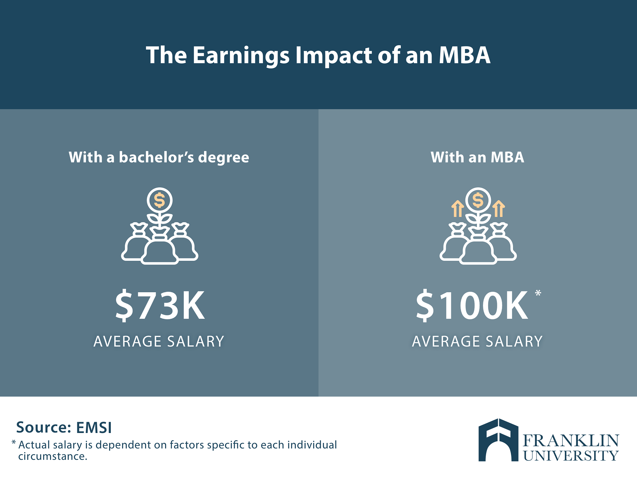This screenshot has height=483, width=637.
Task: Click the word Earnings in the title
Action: point(241,56)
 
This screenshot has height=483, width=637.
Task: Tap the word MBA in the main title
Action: point(464,55)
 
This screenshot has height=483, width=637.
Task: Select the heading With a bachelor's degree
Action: point(159,158)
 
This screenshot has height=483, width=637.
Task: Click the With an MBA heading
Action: point(477,157)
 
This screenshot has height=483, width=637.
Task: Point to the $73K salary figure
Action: point(160,306)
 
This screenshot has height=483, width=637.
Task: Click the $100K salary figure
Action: point(472,306)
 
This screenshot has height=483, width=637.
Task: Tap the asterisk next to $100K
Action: point(538,293)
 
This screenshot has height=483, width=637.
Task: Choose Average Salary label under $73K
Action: point(159,342)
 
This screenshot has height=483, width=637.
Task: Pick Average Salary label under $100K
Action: point(477,342)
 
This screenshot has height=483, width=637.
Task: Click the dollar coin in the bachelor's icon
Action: point(160,200)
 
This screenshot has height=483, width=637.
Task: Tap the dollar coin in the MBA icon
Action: point(478,200)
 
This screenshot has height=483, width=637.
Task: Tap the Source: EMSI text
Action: point(64,427)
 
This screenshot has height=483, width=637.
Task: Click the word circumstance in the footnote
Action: point(52,456)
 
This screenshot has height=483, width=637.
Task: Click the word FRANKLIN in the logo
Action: point(571,441)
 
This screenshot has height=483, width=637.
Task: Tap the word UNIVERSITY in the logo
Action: point(571,456)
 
